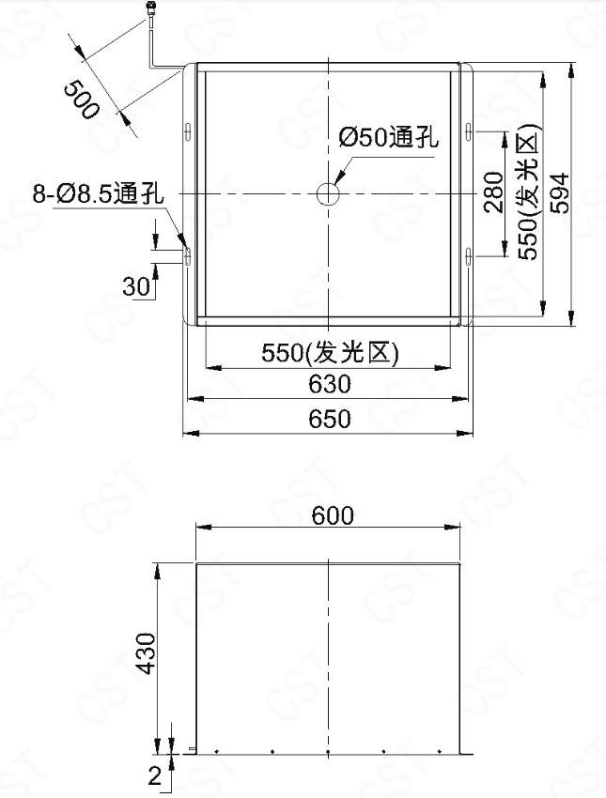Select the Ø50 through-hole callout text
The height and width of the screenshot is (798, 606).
tap(389, 137)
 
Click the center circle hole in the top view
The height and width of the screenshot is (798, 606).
tap(329, 193)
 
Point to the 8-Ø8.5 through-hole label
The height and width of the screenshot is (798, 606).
tap(99, 193)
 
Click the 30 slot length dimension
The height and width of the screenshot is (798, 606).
tap(136, 286)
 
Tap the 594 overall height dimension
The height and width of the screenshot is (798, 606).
tap(560, 192)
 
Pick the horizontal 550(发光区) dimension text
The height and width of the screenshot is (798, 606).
tap(330, 352)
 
